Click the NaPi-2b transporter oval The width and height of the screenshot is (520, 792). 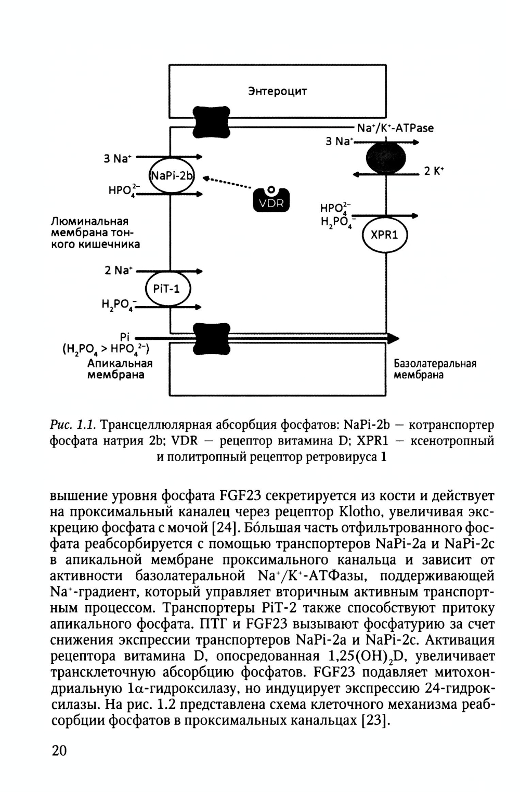point(171,175)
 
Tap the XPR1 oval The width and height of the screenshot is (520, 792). point(384,235)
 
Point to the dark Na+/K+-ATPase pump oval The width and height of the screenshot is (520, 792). point(386,158)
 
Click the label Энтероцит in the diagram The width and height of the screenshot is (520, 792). point(277,92)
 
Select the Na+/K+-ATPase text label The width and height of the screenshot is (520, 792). point(395,128)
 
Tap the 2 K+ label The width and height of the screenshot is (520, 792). point(434,171)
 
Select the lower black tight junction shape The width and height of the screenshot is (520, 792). point(211,340)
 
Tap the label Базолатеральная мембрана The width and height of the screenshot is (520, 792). point(435,369)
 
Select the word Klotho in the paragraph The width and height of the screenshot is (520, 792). point(360,512)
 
